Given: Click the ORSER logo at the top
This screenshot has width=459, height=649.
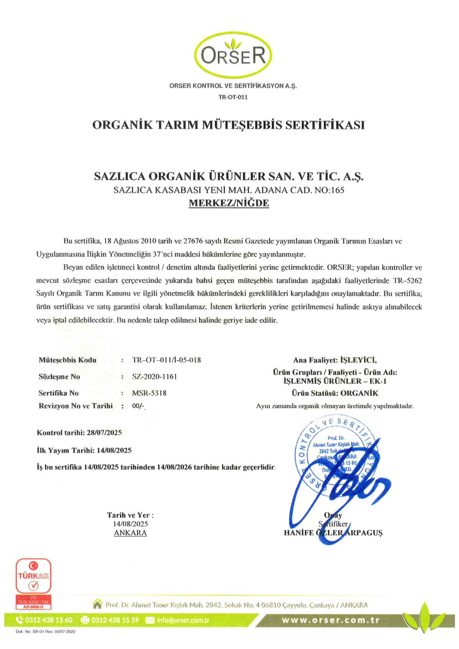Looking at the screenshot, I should (x=233, y=55).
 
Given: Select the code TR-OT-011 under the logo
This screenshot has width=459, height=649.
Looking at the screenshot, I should (x=233, y=97).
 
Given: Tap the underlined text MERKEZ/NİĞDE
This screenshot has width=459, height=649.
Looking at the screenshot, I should (x=229, y=203).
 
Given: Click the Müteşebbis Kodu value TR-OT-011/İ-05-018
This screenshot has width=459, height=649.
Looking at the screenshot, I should (x=166, y=360).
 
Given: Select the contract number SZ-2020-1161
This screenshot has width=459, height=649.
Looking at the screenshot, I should (x=155, y=377).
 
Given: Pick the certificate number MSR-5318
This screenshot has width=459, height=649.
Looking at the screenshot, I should (x=149, y=393).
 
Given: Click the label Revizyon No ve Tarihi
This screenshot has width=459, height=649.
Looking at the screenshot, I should (x=75, y=406).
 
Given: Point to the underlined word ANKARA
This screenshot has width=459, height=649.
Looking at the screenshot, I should (x=130, y=533).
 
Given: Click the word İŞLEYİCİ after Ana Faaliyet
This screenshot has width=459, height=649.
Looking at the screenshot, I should (x=358, y=360).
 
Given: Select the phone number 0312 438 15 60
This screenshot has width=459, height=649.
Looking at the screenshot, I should (x=49, y=620).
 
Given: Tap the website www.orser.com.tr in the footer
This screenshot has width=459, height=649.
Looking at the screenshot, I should (x=330, y=620).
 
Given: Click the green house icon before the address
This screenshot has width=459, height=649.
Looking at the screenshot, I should (x=97, y=604).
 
